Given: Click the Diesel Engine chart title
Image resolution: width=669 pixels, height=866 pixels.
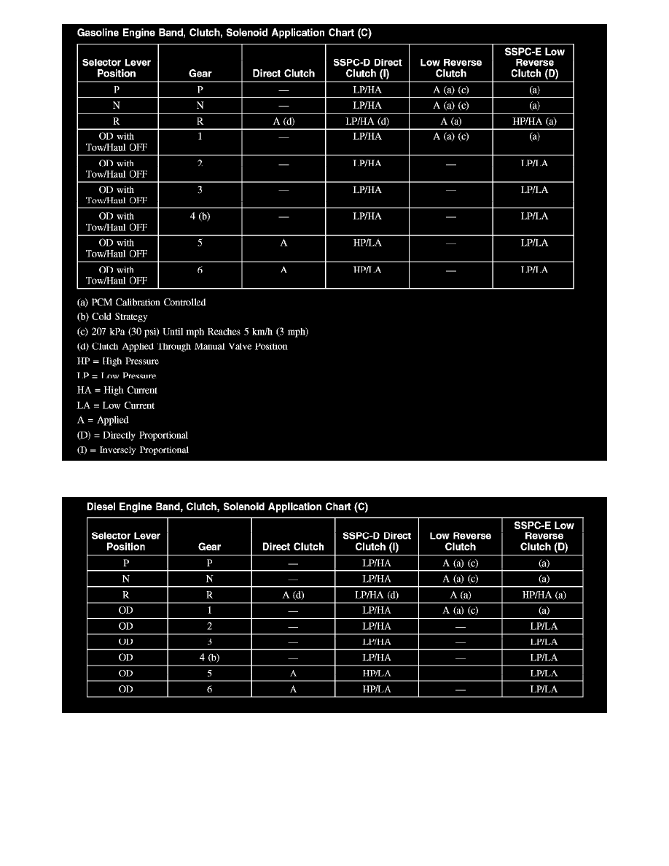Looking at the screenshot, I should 227,507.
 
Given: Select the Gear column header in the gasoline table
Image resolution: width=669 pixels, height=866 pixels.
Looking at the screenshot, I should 200,73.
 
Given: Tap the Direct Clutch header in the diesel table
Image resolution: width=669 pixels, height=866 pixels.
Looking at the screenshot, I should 293,547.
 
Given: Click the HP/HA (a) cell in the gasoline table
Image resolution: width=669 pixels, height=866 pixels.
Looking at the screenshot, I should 534,122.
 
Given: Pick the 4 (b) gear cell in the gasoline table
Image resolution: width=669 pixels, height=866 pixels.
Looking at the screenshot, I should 200,216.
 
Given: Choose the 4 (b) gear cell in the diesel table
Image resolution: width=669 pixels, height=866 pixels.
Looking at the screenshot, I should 209,658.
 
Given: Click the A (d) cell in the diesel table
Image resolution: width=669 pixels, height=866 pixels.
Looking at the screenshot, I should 293,595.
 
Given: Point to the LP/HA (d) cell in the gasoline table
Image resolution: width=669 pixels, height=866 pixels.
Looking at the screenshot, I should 367,122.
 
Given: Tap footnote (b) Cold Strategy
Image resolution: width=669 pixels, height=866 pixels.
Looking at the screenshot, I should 112,317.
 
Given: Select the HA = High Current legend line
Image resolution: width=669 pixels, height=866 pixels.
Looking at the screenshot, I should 117,391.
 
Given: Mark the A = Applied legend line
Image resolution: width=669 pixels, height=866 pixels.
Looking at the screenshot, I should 103,420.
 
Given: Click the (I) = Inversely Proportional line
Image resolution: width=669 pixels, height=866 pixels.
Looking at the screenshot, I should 133,450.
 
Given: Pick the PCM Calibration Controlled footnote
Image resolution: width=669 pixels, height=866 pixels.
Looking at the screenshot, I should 141,303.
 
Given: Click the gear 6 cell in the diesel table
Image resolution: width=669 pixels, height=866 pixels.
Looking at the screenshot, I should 209,689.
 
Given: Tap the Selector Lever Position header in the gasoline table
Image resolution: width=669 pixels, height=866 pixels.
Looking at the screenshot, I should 117,68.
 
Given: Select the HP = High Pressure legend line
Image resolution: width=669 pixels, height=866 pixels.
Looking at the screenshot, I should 117,361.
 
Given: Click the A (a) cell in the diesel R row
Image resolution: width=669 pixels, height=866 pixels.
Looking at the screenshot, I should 460,595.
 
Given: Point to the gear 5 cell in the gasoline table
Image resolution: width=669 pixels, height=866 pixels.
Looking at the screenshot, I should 200,243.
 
